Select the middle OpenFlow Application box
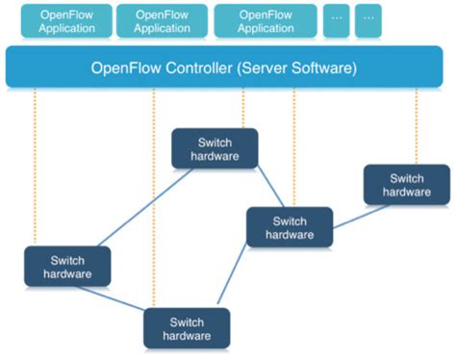point(162,21)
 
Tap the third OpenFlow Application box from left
point(265,21)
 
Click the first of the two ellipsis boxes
point(336,21)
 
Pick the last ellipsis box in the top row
point(367,21)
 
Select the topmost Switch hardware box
point(215,148)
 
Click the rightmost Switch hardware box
point(406,184)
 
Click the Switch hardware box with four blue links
point(290,227)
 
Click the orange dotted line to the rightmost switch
point(416,125)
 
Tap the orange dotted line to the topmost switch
point(243,108)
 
